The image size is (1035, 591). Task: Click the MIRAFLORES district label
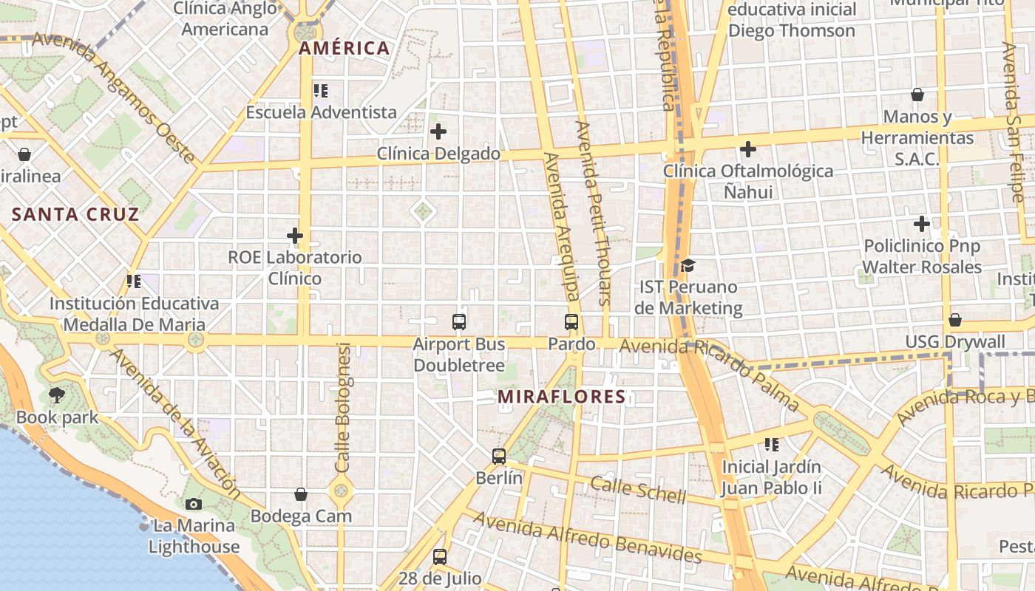[561, 397]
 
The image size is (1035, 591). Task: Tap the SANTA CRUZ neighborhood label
[75, 215]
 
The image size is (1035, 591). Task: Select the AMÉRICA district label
[344, 49]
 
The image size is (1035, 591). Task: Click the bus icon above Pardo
[571, 322]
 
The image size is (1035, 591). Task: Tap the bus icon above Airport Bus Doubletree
[459, 322]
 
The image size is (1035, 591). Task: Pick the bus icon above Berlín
[499, 457]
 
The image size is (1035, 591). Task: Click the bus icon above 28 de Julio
[440, 557]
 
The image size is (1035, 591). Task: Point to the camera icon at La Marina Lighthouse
[194, 504]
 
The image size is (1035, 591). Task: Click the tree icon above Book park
[57, 395]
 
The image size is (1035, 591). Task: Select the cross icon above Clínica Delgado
[438, 132]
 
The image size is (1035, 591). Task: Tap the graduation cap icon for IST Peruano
[688, 265]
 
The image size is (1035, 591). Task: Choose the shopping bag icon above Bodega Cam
[301, 494]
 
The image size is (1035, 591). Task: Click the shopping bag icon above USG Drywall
[955, 320]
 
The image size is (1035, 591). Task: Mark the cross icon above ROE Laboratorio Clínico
[295, 236]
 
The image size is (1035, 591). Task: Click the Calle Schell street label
[638, 490]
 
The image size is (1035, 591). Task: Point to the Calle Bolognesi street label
[342, 408]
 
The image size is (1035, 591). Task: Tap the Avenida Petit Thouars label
[594, 213]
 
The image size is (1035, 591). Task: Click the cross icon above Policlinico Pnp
[922, 223]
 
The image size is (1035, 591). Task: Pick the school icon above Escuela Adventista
[321, 91]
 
